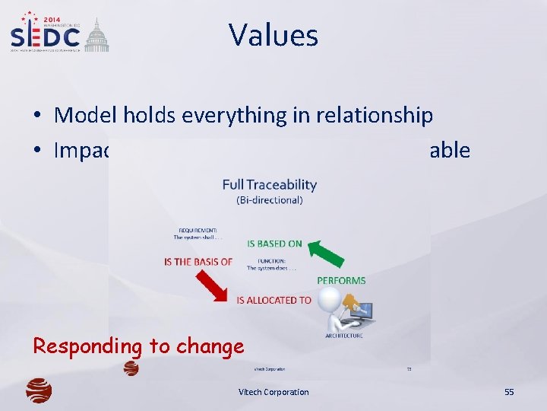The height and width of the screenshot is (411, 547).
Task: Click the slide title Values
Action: [x=273, y=35]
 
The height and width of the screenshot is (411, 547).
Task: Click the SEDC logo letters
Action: [x=46, y=37]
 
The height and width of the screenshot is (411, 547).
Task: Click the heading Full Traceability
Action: [x=269, y=184]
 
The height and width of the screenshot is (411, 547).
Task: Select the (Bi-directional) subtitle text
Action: [x=269, y=200]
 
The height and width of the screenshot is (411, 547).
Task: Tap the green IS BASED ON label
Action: [x=274, y=244]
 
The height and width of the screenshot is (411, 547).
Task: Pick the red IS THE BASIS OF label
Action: [x=198, y=262]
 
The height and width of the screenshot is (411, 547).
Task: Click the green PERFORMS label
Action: [x=341, y=280]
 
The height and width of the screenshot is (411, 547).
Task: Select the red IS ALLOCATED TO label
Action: [x=274, y=300]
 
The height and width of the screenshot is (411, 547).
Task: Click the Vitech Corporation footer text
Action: [x=273, y=392]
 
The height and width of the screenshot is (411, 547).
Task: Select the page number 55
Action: [x=509, y=392]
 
